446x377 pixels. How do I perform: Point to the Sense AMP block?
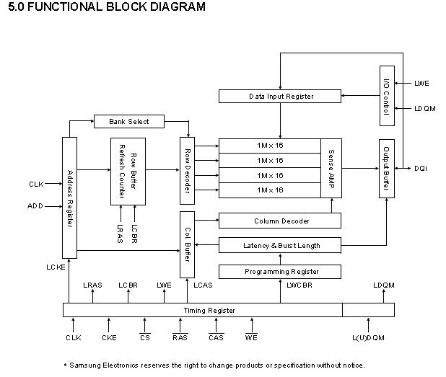point(331,168)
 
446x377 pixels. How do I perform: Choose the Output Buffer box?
point(386,168)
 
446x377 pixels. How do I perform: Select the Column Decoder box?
point(279,221)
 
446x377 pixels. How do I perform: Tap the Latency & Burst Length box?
point(279,246)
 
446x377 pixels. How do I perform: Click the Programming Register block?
point(279,272)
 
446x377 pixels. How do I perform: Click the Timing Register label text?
point(209,311)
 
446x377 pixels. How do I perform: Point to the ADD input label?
point(35,206)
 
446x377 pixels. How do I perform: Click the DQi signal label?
point(421,169)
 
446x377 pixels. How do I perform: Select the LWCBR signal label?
point(299,286)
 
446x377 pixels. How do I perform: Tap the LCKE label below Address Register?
point(56,267)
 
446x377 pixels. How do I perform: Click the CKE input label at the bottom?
point(109,337)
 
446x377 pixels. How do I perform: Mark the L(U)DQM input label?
point(368,337)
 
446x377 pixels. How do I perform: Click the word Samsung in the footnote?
point(86,365)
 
